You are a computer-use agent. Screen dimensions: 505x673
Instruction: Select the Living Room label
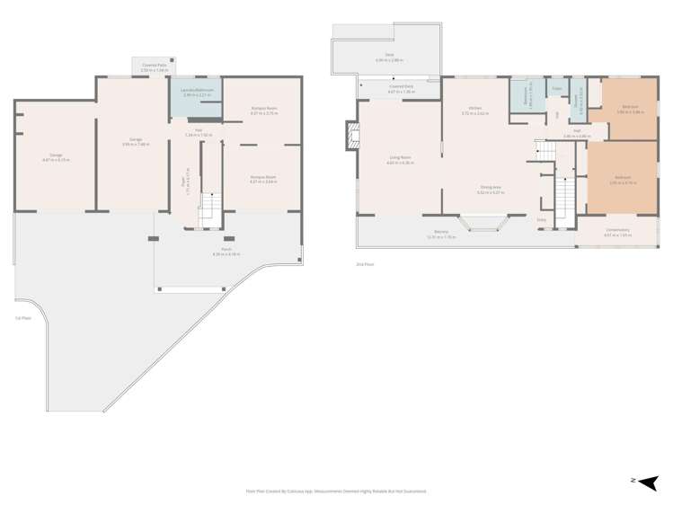click(x=399, y=159)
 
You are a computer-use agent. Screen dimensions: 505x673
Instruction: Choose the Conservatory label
click(x=617, y=233)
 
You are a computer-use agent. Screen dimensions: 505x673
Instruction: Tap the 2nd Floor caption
click(x=366, y=263)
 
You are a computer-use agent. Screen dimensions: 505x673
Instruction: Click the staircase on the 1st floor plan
click(x=208, y=208)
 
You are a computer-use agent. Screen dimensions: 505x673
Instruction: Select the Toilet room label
click(x=557, y=89)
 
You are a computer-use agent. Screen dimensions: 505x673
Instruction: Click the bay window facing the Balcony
click(x=483, y=222)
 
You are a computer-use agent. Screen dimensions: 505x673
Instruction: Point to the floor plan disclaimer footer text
click(x=336, y=492)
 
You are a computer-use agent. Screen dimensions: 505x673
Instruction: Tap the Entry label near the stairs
click(x=541, y=219)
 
